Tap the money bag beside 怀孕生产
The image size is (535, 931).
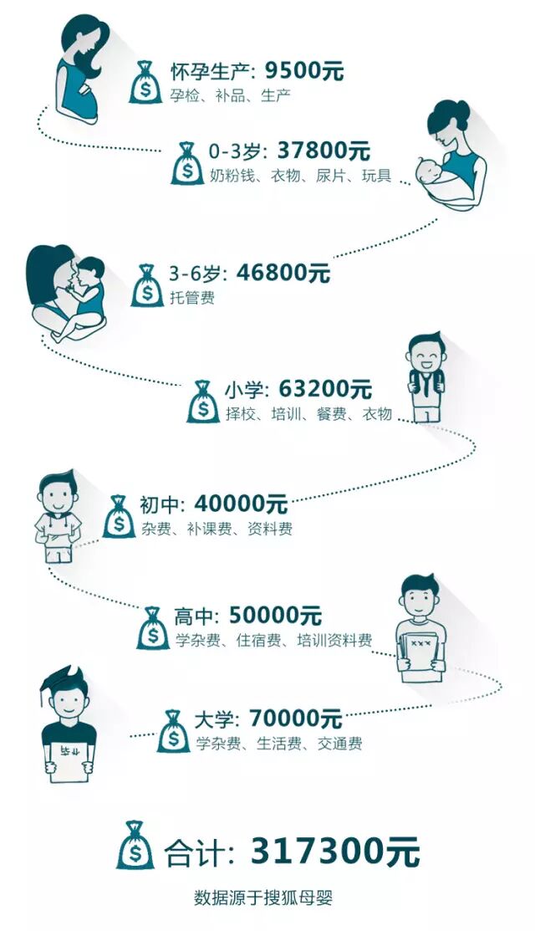pyautogui.click(x=145, y=83)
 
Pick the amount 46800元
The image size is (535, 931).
pyautogui.click(x=283, y=273)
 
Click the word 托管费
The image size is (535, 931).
pyautogui.click(x=192, y=297)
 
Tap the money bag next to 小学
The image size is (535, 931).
pyautogui.click(x=203, y=402)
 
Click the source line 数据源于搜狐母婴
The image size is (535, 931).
pyautogui.click(x=264, y=900)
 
